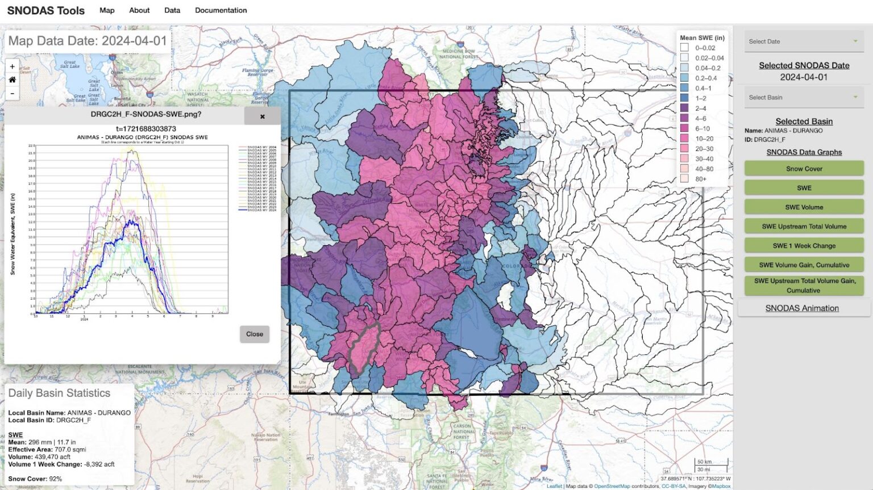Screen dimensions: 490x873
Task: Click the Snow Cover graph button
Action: coord(804,169)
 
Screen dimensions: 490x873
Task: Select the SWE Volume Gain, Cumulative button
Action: coord(804,265)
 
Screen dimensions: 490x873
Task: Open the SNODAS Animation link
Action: coord(801,308)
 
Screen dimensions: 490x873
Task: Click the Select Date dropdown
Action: coord(804,41)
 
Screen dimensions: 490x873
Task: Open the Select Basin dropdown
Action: coord(804,98)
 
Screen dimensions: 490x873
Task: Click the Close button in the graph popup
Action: coord(254,334)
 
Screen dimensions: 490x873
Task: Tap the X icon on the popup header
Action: coord(262,116)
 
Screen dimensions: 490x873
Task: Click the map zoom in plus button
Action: coord(13,66)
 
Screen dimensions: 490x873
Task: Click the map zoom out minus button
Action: coord(13,94)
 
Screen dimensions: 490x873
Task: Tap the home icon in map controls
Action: coord(13,80)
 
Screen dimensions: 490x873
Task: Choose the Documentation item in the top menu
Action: coord(221,10)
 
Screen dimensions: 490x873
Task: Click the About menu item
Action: coord(139,10)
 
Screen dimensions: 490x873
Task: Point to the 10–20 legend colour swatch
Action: coord(684,139)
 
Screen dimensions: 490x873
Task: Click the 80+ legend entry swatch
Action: coord(684,179)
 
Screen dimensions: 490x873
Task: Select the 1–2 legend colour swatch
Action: coord(684,98)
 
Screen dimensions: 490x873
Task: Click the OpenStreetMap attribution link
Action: coord(612,486)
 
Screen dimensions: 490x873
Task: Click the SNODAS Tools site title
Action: coord(46,11)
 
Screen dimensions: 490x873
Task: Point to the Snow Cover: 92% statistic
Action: coord(35,479)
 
